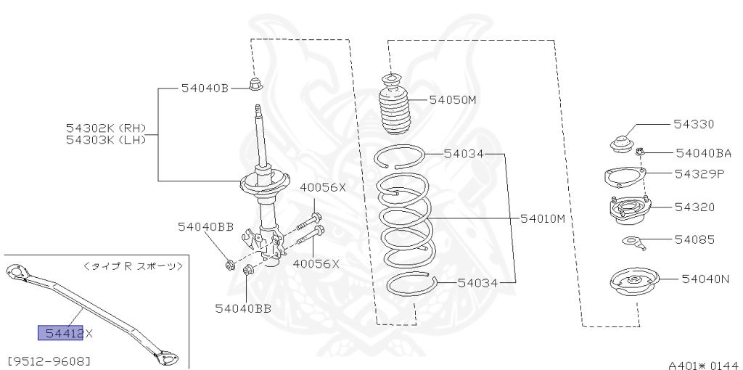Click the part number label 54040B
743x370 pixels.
click(205, 89)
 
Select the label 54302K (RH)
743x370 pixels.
click(105, 127)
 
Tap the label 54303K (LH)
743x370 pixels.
click(105, 139)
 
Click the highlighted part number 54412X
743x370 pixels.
click(65, 333)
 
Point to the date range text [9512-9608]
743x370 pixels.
click(49, 359)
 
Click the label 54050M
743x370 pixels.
click(452, 99)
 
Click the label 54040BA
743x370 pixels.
click(702, 153)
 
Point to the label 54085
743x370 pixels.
click(694, 239)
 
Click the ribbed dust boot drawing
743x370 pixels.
click(395, 107)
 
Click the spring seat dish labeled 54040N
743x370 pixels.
click(635, 284)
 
